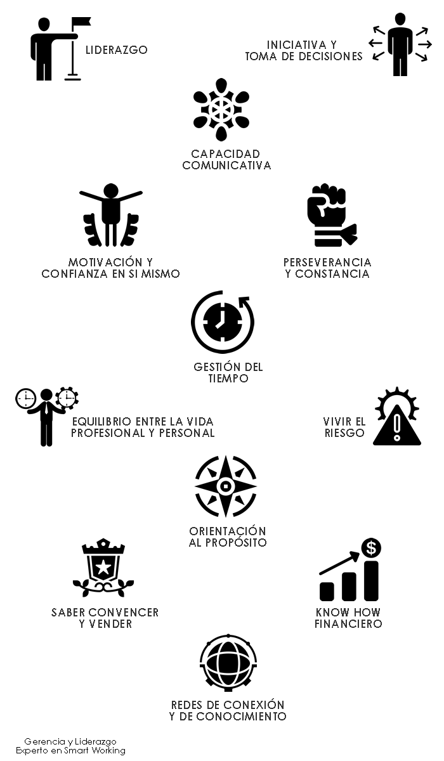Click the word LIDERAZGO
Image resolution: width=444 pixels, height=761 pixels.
pos(116,50)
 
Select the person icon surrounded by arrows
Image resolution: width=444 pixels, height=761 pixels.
pos(400,44)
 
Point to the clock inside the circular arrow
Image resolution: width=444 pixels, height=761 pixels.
pos(219,322)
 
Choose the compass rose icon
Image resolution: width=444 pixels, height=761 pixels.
pos(225,486)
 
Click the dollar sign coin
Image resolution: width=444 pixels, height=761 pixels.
pos(371,547)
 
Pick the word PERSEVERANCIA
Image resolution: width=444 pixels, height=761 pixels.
pos(327,263)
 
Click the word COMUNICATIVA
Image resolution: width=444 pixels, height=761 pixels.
pos(226,166)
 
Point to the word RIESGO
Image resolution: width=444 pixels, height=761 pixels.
pos(344,433)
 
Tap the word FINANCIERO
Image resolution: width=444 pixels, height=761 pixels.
pos(348,624)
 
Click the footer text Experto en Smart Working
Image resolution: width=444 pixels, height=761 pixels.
pos(70,750)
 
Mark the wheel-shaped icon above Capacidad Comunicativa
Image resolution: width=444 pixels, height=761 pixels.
pos(221,109)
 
